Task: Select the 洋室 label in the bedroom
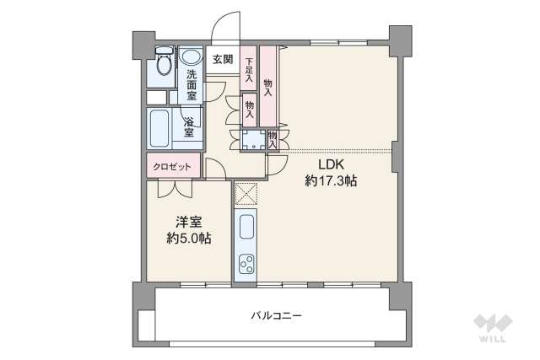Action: (x=188, y=223)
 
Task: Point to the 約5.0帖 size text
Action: (x=188, y=239)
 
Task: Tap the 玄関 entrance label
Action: (x=222, y=59)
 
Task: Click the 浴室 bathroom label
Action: (x=190, y=126)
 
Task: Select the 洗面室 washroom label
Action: (x=192, y=84)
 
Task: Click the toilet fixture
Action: (x=162, y=66)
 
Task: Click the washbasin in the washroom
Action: (x=191, y=57)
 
